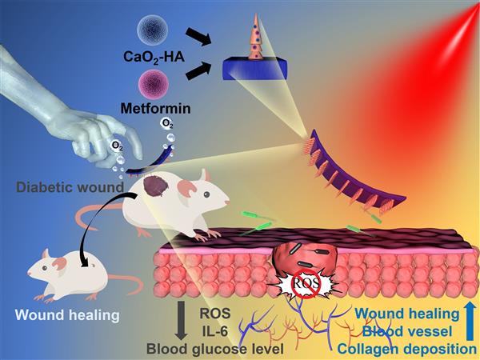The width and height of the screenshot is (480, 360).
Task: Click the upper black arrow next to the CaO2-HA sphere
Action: (195, 31)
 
